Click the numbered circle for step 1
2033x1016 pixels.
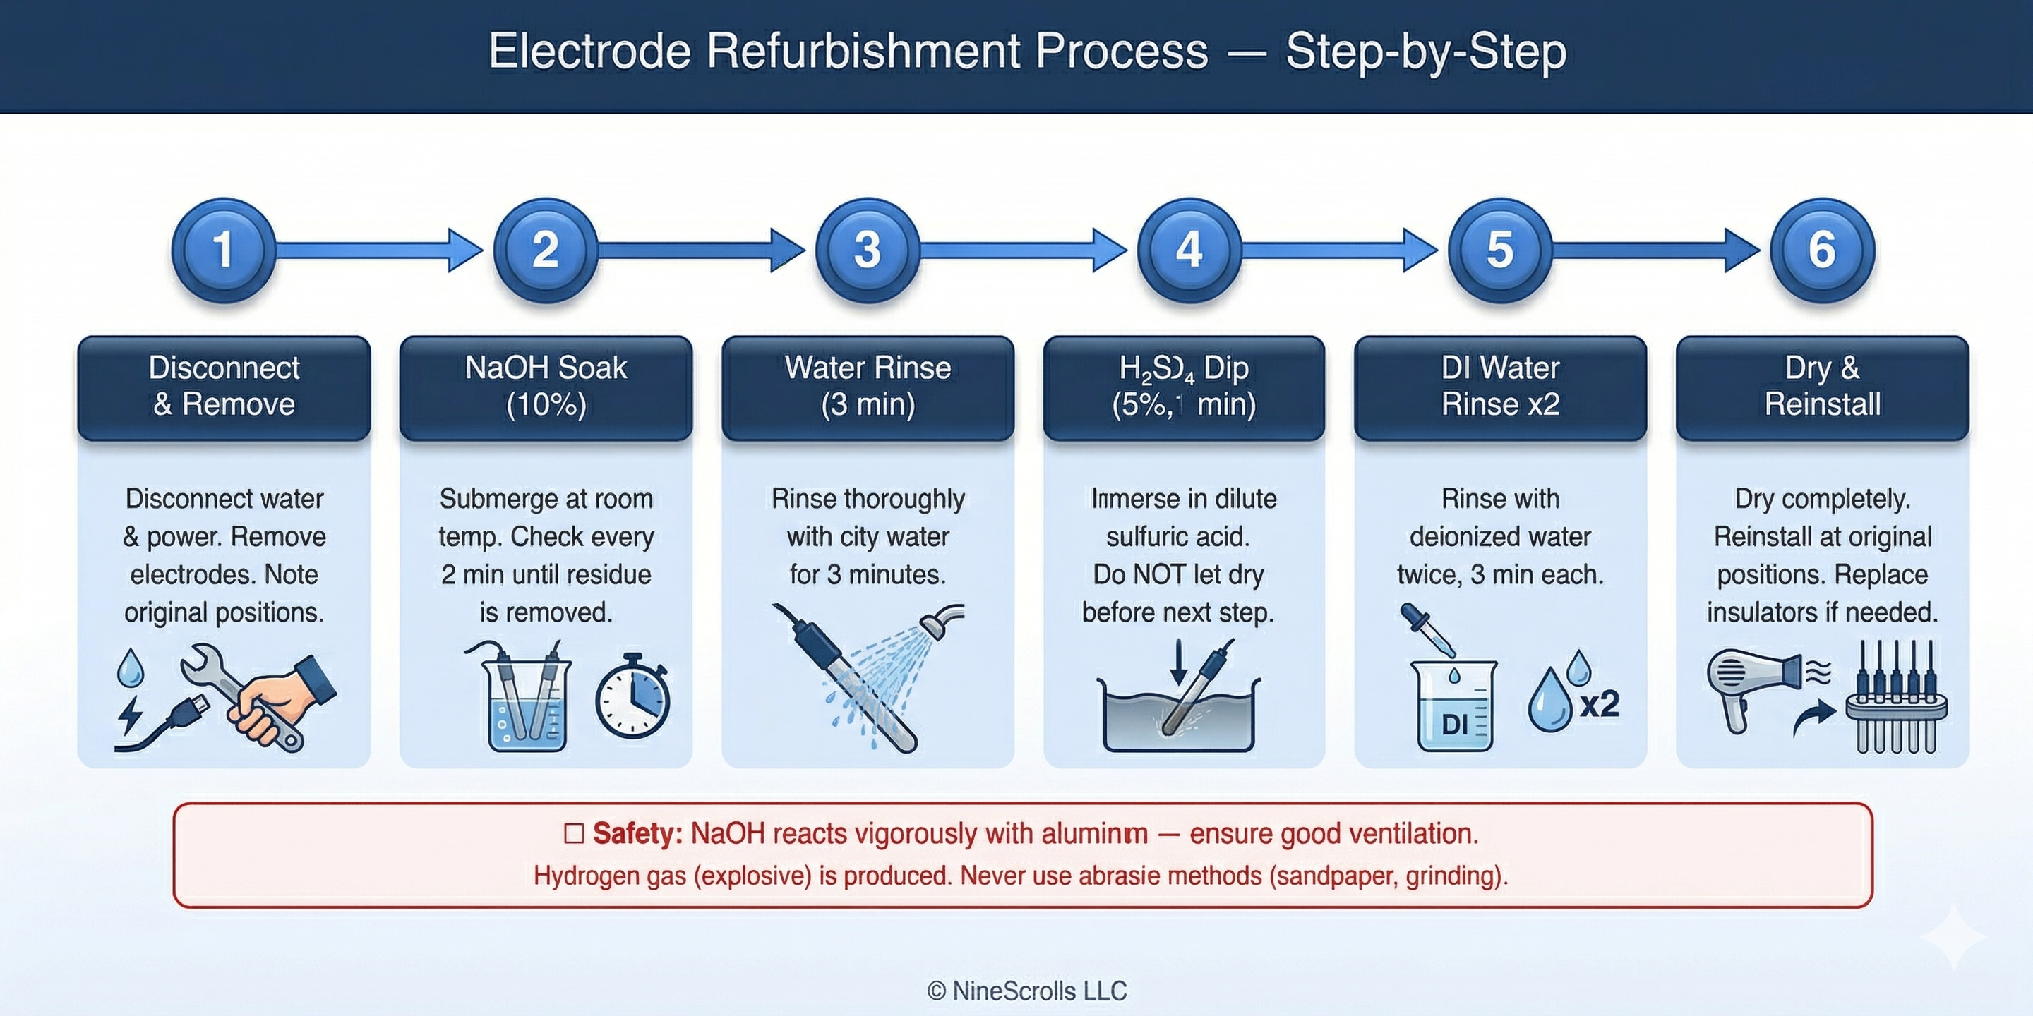click(223, 250)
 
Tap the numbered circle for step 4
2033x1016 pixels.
click(1189, 250)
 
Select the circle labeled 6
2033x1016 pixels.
click(1821, 250)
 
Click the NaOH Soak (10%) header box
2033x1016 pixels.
click(546, 387)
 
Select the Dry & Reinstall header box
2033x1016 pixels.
click(1821, 387)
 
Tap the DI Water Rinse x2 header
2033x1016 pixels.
click(1499, 387)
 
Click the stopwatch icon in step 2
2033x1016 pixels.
click(632, 696)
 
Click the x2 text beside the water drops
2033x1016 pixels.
click(1599, 703)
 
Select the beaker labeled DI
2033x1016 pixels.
click(1453, 706)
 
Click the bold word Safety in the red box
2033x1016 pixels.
click(637, 834)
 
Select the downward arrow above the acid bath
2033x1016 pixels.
click(1178, 661)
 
